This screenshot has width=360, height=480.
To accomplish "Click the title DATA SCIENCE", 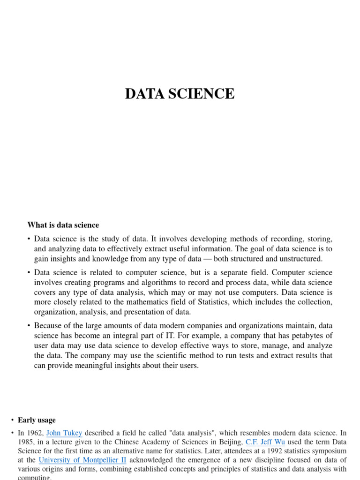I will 180,94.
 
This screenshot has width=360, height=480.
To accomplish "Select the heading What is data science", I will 63,225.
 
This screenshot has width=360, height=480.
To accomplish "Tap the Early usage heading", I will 37,420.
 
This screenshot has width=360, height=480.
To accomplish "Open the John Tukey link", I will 64,433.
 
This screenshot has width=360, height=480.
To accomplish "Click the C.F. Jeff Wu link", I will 265,442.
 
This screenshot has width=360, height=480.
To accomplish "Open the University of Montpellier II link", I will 82,460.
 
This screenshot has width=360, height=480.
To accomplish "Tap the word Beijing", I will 228,442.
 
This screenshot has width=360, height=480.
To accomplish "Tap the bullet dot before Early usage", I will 12,420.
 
